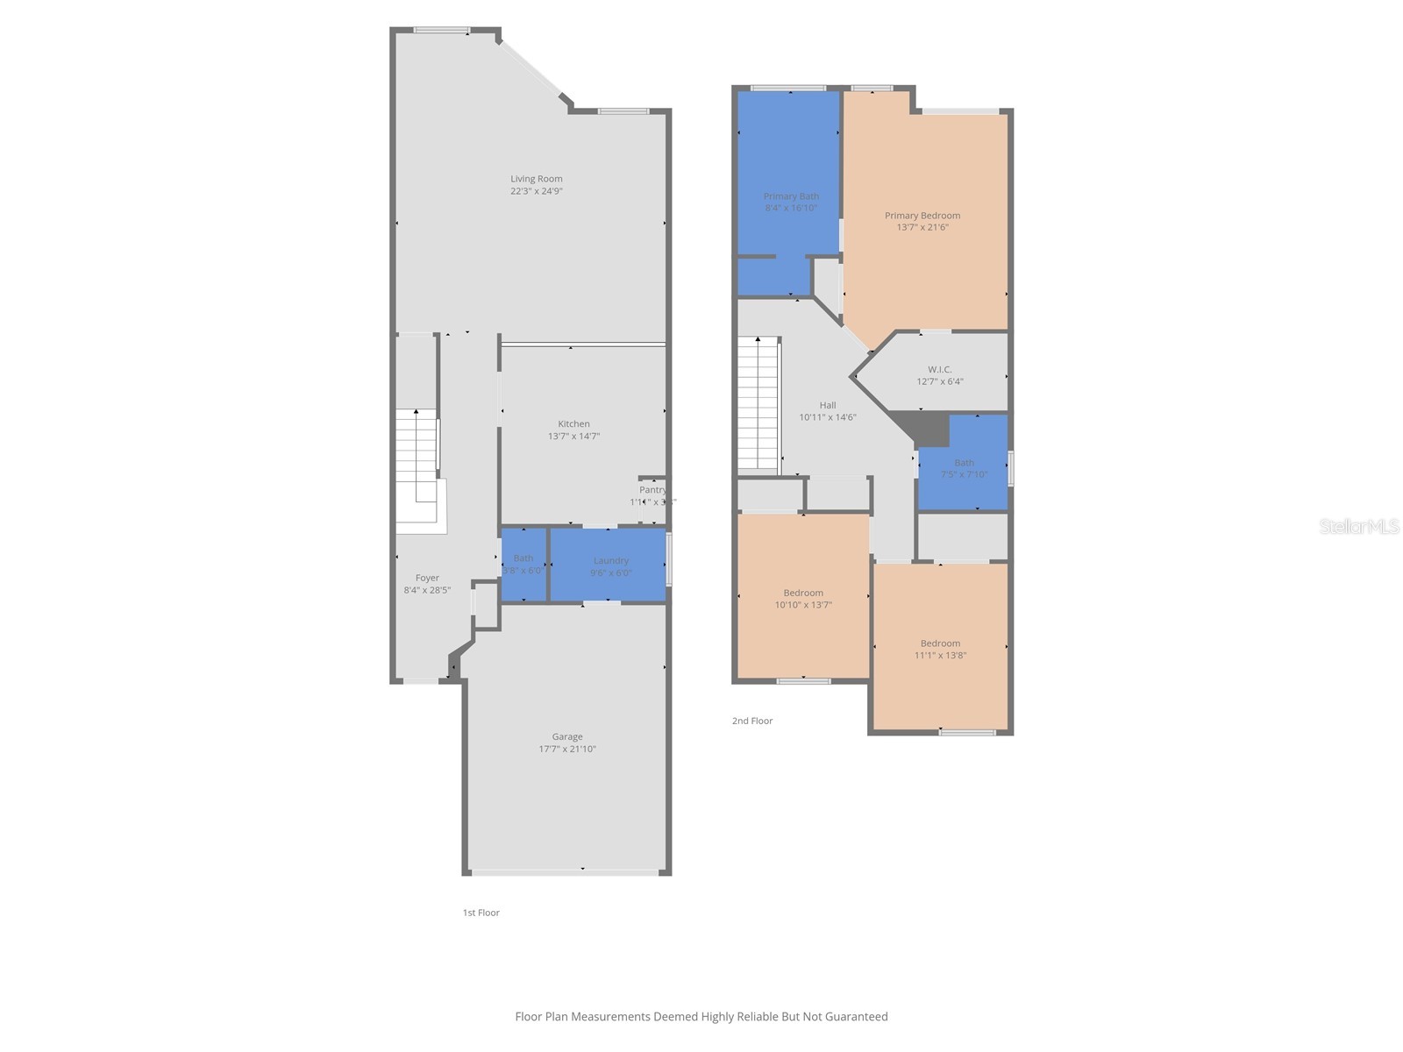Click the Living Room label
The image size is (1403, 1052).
click(537, 179)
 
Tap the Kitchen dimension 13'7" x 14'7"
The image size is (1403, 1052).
click(573, 436)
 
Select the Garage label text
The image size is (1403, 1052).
click(567, 736)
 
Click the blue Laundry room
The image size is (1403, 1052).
click(609, 565)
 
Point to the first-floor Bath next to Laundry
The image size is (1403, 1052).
click(523, 564)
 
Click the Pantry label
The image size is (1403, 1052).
click(652, 490)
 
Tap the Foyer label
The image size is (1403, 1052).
click(427, 578)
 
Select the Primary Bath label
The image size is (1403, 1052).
click(791, 196)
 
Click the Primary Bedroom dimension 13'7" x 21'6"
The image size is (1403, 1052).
click(922, 227)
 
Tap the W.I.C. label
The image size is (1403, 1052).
click(939, 369)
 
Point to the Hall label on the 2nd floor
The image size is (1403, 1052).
click(828, 405)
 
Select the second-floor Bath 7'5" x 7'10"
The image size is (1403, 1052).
click(964, 468)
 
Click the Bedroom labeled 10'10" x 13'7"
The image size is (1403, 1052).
click(803, 599)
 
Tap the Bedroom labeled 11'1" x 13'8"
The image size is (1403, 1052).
click(940, 649)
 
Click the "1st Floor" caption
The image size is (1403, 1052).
click(481, 913)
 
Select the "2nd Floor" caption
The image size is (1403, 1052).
click(752, 721)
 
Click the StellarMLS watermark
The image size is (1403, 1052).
click(1359, 526)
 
